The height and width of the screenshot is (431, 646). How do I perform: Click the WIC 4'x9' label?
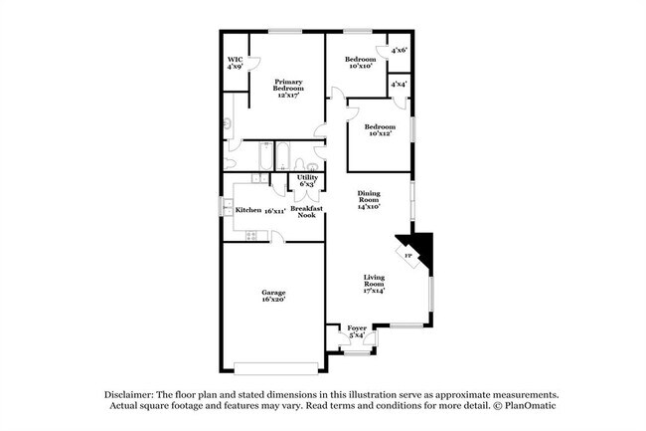pos(235,63)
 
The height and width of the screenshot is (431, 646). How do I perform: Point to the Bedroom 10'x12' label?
pos(379,130)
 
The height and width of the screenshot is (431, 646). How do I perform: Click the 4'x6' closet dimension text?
pos(400,50)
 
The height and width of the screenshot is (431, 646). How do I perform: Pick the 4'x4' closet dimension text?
pos(399,84)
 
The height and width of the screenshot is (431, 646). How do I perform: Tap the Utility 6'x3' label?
pos(307,180)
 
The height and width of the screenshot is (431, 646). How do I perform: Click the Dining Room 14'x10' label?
pos(370,201)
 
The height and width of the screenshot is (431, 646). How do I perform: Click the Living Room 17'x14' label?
pos(374,286)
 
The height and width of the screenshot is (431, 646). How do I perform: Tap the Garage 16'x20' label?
pos(274,296)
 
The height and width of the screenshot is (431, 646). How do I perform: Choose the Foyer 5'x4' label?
pos(357,331)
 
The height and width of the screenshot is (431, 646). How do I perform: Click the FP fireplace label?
pos(408,256)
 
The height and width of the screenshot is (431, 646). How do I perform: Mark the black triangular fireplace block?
pos(420,245)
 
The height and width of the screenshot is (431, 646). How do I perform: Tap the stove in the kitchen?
pos(249,235)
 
